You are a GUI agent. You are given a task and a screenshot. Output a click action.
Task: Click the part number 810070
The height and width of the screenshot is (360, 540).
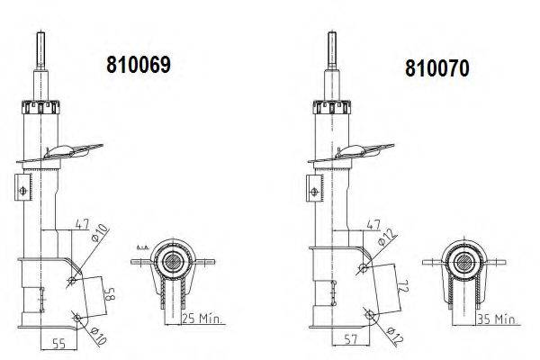click(436, 68)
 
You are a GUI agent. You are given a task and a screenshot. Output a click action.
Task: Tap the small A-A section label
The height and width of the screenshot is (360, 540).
click(142, 245)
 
